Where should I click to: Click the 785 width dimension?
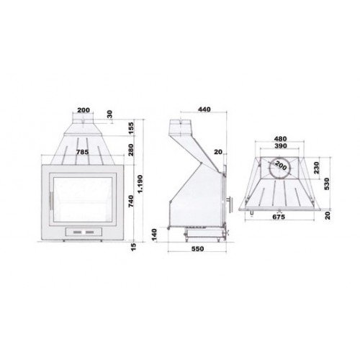83,152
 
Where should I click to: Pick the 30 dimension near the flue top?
109,113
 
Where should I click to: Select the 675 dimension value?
279,216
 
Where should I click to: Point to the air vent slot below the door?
83,233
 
